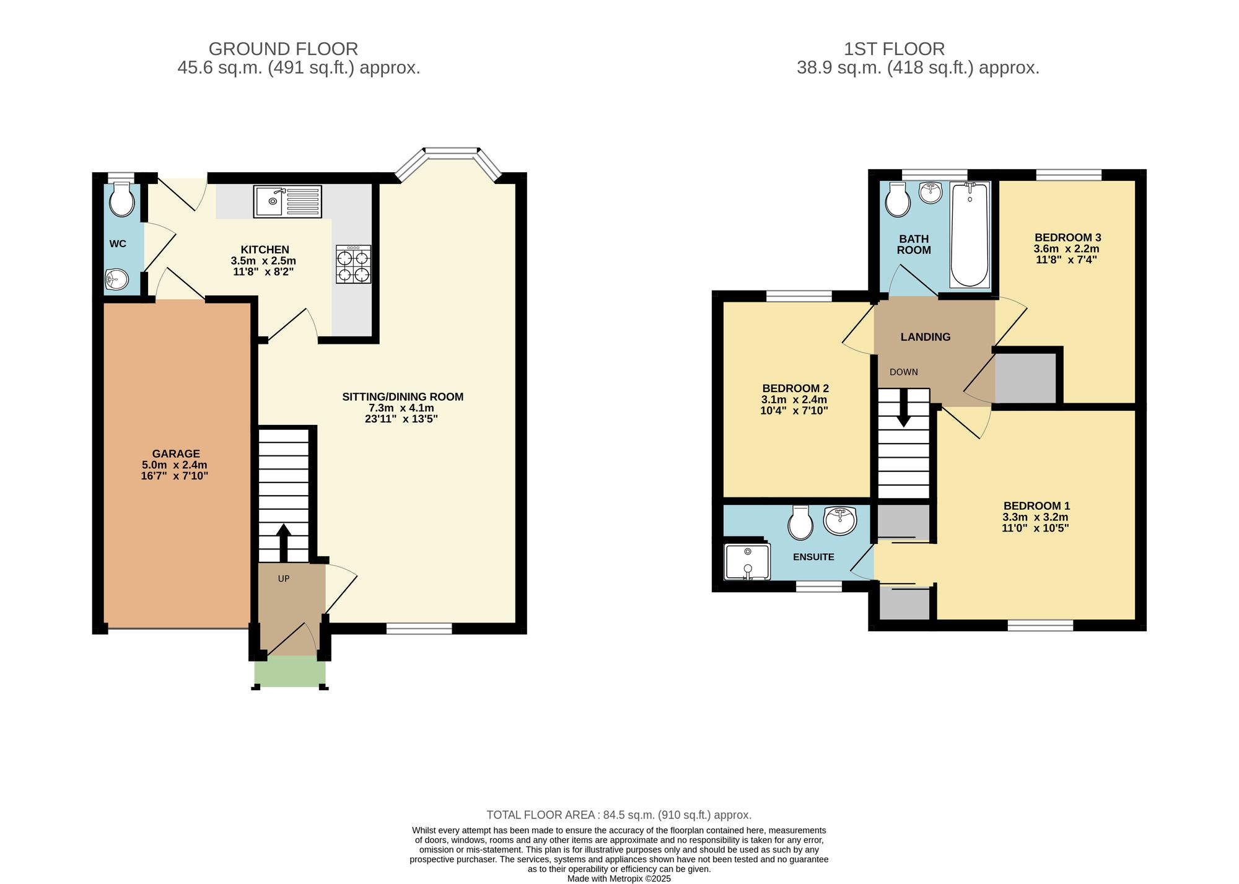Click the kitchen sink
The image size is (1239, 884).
click(x=287, y=201)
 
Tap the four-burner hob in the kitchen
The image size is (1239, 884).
click(x=354, y=265)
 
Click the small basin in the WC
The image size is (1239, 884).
click(x=116, y=279)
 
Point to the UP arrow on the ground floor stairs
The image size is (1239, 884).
click(x=283, y=543)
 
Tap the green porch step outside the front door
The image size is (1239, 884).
click(x=290, y=672)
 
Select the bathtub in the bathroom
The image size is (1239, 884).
click(x=969, y=235)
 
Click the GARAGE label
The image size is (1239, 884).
click(x=176, y=453)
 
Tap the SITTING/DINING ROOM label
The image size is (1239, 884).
click(x=403, y=396)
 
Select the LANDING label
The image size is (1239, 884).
click(x=926, y=337)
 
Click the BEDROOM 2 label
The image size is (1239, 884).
click(x=795, y=388)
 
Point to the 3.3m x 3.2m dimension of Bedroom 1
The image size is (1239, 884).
click(x=1035, y=517)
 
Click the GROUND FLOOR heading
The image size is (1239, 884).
click(x=283, y=49)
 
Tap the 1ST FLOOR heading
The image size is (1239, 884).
click(x=894, y=49)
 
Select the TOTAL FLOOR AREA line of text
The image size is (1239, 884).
click(x=619, y=815)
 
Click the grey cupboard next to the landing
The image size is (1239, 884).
click(x=1025, y=378)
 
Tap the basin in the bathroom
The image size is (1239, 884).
click(x=930, y=193)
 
